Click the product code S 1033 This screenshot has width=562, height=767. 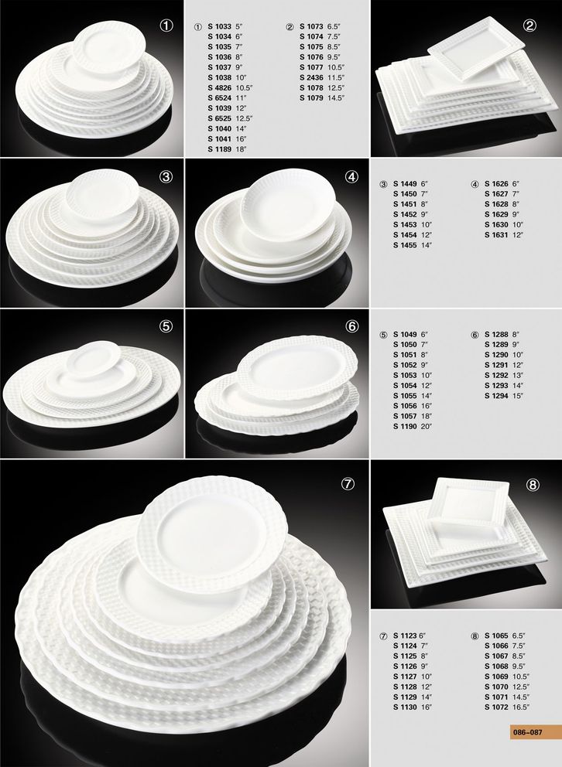(x=219, y=26)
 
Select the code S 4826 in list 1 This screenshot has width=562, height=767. (x=219, y=87)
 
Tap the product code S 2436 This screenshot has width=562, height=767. (x=311, y=77)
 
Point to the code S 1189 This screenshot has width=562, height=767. (x=219, y=149)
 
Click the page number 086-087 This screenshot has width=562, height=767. (x=528, y=732)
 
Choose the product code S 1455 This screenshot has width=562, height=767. (x=405, y=245)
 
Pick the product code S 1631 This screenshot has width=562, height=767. (x=496, y=235)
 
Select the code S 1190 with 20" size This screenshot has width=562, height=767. (x=405, y=426)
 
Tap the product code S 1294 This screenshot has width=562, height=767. (x=496, y=396)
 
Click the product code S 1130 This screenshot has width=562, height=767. (x=405, y=707)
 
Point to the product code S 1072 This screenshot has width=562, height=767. (x=496, y=707)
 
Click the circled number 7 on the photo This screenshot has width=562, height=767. (x=348, y=484)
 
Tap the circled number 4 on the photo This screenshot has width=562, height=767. (x=352, y=177)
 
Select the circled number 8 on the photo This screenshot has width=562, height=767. (x=533, y=485)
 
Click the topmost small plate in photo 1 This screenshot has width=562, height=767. (x=109, y=47)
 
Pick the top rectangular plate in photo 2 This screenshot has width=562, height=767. (x=476, y=47)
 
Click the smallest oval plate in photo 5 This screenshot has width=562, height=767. (x=93, y=360)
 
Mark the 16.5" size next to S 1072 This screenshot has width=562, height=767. (x=521, y=707)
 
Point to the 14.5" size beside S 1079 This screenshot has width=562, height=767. (x=336, y=98)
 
